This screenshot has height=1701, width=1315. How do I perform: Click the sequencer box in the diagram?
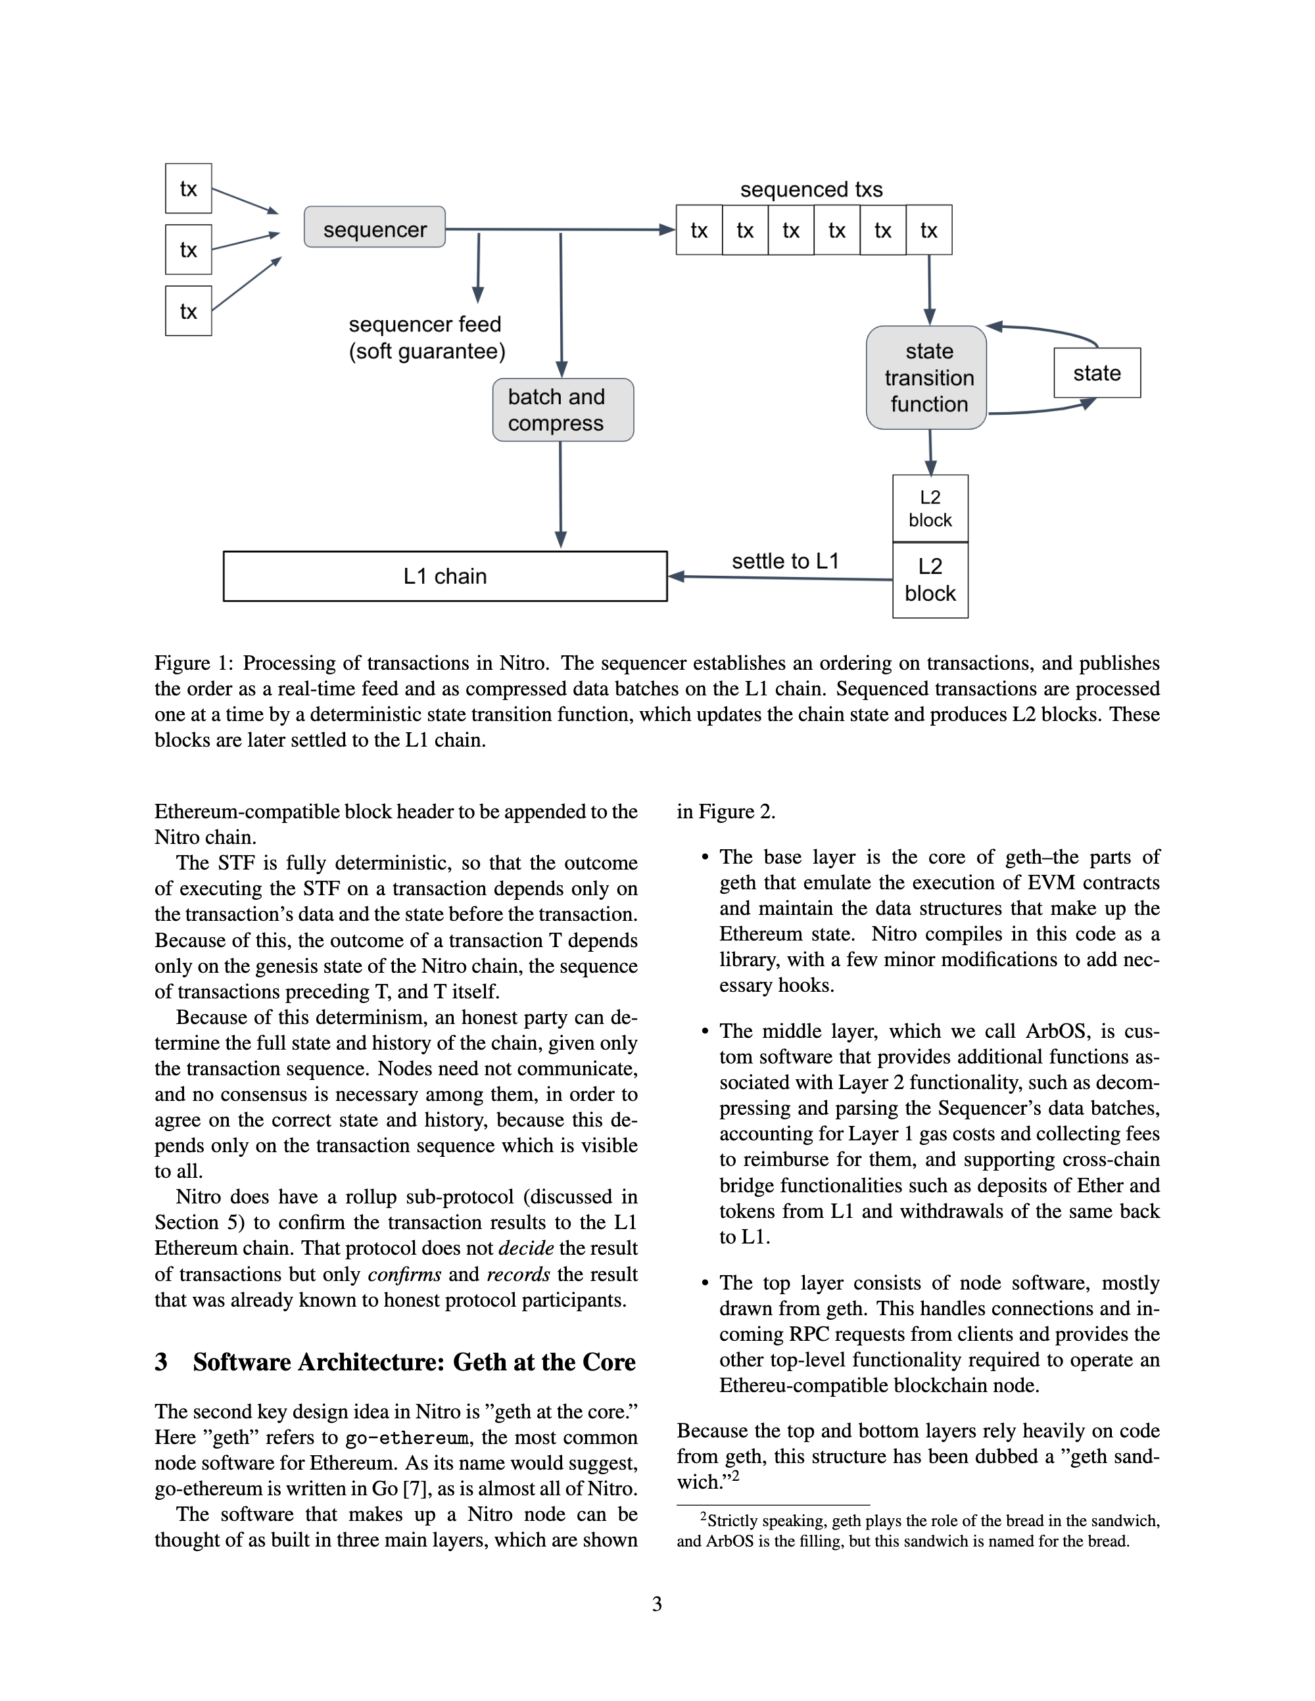(375, 227)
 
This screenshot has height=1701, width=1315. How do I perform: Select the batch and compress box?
(562, 409)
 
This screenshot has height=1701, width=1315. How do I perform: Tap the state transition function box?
(926, 378)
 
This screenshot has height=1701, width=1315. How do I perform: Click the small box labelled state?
(1097, 373)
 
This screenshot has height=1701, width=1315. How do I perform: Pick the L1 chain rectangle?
(445, 576)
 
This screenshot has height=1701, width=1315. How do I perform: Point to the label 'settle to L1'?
(784, 561)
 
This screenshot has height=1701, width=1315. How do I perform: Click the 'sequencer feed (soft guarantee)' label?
(426, 338)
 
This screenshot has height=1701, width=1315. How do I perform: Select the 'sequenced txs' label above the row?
(811, 189)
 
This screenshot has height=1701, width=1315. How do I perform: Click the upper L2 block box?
(930, 509)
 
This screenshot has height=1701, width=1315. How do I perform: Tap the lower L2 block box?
(930, 580)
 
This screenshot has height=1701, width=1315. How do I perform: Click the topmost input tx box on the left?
(189, 189)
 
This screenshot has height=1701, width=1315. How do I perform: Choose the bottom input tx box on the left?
(189, 311)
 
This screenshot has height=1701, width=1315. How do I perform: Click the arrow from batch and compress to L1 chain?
(560, 494)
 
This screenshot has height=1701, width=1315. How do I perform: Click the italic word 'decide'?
(526, 1247)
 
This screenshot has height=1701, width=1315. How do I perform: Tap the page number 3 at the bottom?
(657, 1604)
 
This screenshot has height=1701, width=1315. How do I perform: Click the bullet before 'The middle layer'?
(705, 1032)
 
